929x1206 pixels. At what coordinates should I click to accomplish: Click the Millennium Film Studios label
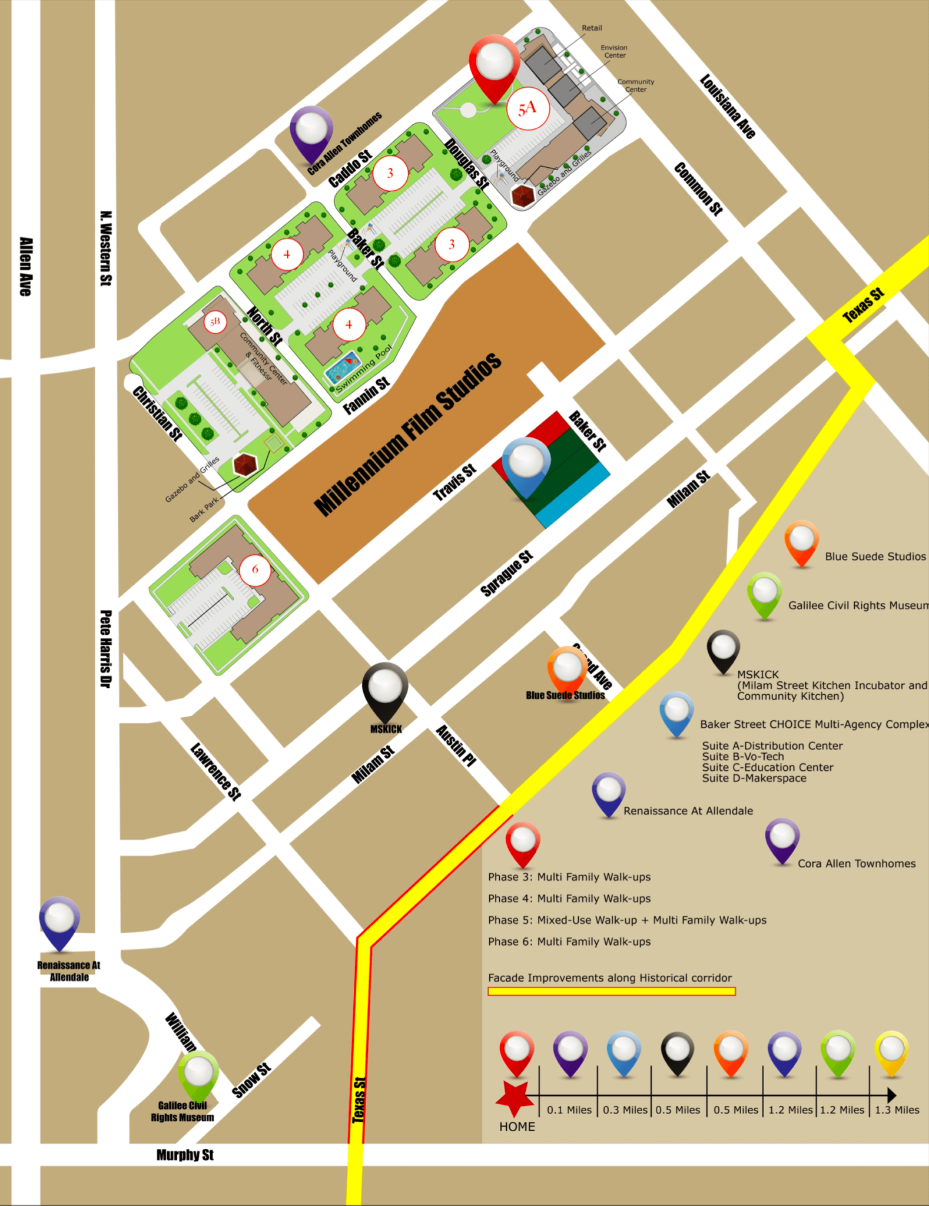pyautogui.click(x=407, y=435)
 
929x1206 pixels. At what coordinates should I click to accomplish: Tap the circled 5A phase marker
pyautogui.click(x=527, y=108)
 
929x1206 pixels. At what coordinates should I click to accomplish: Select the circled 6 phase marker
pyautogui.click(x=255, y=569)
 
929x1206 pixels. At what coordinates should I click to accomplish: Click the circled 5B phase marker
pyautogui.click(x=215, y=322)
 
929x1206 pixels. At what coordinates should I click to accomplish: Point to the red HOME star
pyautogui.click(x=515, y=1098)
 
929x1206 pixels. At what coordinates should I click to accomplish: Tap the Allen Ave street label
pyautogui.click(x=26, y=267)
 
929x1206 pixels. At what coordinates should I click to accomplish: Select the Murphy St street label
pyautogui.click(x=185, y=1155)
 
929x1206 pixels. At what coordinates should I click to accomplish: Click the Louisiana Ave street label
pyautogui.click(x=728, y=107)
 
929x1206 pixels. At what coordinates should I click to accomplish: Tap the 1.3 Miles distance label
pyautogui.click(x=897, y=1110)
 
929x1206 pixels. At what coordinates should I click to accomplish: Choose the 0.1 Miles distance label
pyautogui.click(x=569, y=1110)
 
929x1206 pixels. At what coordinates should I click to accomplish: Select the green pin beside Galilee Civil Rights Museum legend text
pyautogui.click(x=764, y=594)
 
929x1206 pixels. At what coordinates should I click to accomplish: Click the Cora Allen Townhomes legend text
pyautogui.click(x=856, y=864)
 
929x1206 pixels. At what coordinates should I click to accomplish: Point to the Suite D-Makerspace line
pyautogui.click(x=754, y=778)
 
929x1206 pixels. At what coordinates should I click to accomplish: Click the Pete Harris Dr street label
pyautogui.click(x=105, y=648)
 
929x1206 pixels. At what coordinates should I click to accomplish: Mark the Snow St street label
pyautogui.click(x=251, y=1080)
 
